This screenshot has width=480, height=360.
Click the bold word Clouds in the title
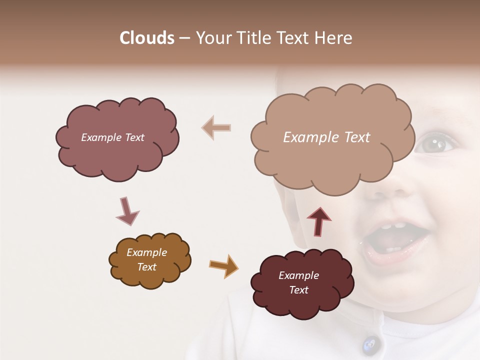pyautogui.click(x=147, y=38)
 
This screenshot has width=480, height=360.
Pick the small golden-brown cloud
pyautogui.click(x=149, y=260)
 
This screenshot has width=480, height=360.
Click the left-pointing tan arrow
pyautogui.click(x=216, y=127)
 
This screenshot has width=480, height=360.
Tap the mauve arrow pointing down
pyautogui.click(x=126, y=211)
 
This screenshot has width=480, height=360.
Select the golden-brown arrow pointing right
pyautogui.click(x=223, y=265)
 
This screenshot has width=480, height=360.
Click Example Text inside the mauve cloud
pyautogui.click(x=112, y=137)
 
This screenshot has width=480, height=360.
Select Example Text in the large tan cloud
pyautogui.click(x=326, y=137)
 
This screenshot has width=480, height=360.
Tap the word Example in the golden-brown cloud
pyautogui.click(x=147, y=252)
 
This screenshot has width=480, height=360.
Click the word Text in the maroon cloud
pyautogui.click(x=298, y=290)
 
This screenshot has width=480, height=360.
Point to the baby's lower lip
pyautogui.click(x=395, y=257)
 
